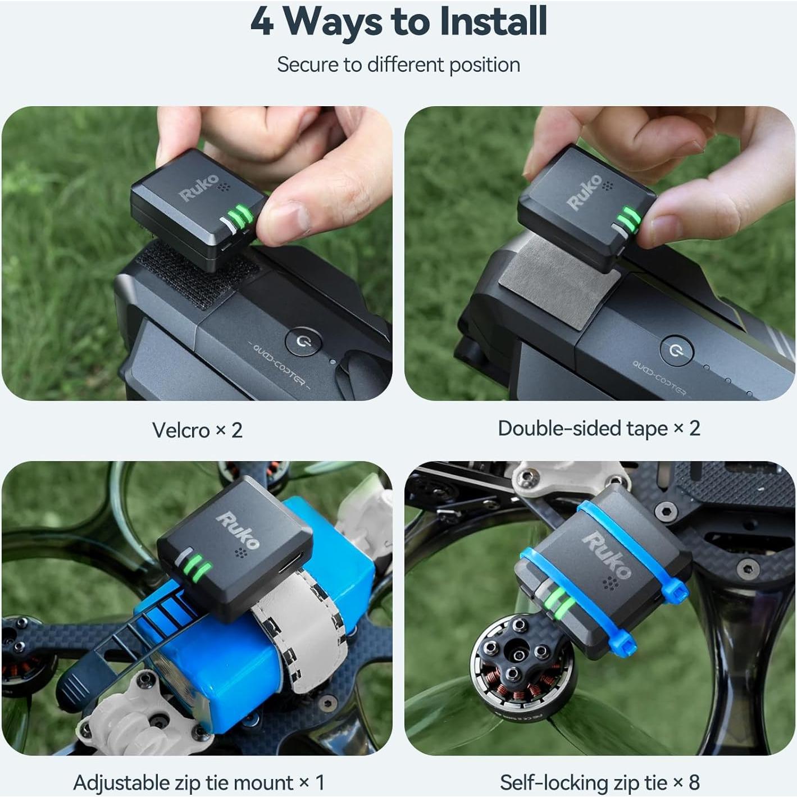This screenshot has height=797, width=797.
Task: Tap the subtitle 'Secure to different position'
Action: coord(399,65)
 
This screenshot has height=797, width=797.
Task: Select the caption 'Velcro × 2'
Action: coord(197,430)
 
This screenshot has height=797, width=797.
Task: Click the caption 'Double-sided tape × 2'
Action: coord(599,429)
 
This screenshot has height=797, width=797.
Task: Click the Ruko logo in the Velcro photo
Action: coord(199,188)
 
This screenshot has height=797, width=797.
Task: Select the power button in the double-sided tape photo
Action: coord(676,350)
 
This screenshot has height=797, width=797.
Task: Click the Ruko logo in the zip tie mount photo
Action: coord(238,531)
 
